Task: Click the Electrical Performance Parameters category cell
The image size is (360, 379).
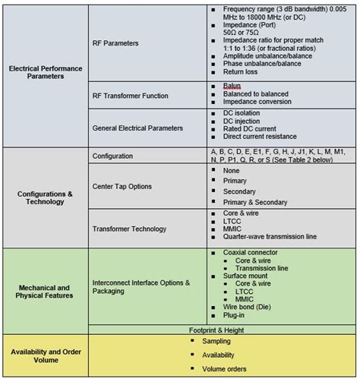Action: [46, 72]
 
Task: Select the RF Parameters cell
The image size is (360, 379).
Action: [115, 43]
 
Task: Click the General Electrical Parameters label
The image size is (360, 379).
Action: [137, 128]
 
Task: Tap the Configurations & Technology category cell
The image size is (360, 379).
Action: [46, 198]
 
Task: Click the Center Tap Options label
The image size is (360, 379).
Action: [122, 186]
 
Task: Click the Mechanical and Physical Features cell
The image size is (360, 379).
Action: [46, 291]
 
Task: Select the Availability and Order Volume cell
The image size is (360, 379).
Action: [46, 355]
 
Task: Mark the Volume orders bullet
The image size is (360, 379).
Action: [226, 368]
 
